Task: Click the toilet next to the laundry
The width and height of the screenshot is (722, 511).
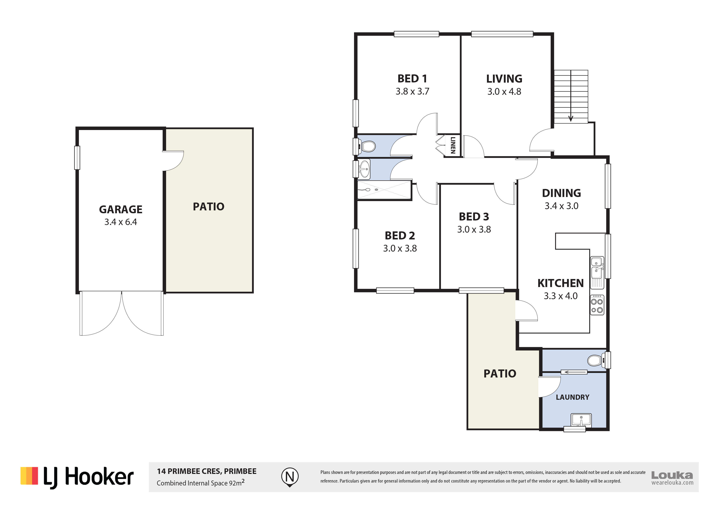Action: point(595,360)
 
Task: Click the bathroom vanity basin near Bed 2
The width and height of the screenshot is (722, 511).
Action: point(364,169)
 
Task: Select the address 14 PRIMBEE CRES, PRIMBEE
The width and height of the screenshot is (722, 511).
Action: point(207,471)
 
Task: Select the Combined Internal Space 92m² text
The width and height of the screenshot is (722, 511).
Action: point(201,482)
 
